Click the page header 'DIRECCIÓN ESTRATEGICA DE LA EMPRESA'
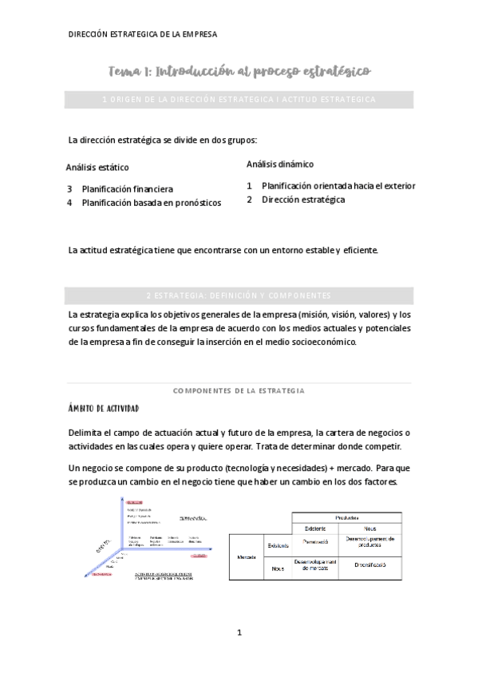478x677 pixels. pyautogui.click(x=143, y=34)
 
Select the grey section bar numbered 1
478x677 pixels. pyautogui.click(x=239, y=99)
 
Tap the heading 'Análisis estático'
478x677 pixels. pyautogui.click(x=97, y=168)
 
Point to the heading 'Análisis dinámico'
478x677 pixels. pyautogui.click(x=279, y=164)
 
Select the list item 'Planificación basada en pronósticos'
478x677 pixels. pyautogui.click(x=151, y=203)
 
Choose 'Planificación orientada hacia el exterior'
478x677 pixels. pyautogui.click(x=338, y=186)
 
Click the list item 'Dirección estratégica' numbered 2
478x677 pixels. pyautogui.click(x=303, y=200)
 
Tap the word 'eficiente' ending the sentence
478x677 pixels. pyautogui.click(x=359, y=251)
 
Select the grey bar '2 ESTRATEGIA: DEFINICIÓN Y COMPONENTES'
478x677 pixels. pyautogui.click(x=239, y=295)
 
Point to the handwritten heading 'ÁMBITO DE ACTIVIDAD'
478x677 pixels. pyautogui.click(x=105, y=409)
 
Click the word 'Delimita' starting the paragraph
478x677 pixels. pyautogui.click(x=88, y=432)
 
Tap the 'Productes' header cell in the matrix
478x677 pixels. pyautogui.click(x=346, y=517)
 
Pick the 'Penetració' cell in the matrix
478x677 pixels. pyautogui.click(x=317, y=543)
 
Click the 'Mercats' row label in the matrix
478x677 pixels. pyautogui.click(x=246, y=556)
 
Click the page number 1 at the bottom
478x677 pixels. pyautogui.click(x=239, y=632)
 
